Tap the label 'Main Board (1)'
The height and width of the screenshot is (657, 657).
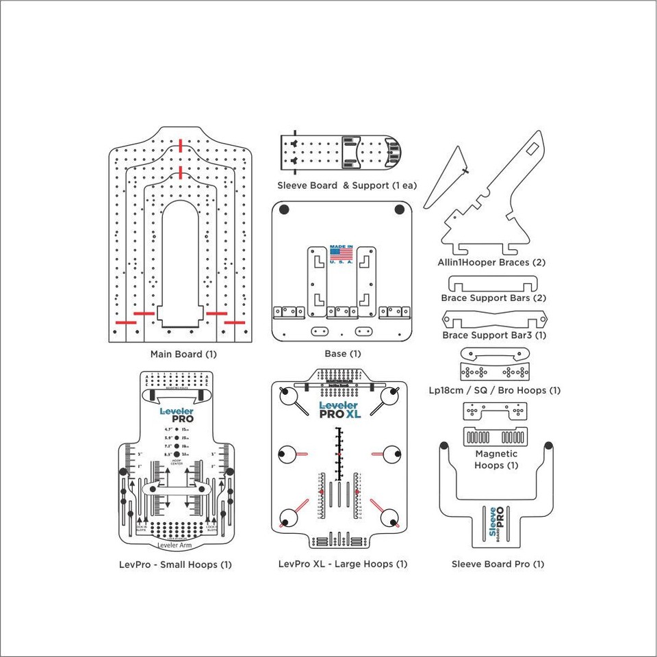(183, 354)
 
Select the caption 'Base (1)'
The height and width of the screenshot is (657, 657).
(342, 354)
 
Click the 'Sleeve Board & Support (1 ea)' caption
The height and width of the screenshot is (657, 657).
(347, 185)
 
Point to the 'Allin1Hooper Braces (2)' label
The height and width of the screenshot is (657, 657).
(491, 262)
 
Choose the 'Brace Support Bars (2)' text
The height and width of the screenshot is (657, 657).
(493, 298)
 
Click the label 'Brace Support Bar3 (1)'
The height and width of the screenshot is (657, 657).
(494, 335)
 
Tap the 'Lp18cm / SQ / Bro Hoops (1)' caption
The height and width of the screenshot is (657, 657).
(494, 390)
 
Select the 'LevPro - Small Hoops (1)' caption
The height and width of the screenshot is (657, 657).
(175, 564)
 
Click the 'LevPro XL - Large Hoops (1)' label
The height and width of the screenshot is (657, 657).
(343, 564)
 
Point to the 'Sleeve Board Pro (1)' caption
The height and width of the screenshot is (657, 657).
(498, 564)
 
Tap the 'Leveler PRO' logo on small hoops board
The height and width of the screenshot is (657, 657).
(177, 415)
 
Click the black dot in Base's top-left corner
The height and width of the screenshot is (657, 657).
(285, 211)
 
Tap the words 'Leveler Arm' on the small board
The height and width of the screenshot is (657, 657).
(175, 545)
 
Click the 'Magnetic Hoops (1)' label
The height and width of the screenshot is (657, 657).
(495, 459)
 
